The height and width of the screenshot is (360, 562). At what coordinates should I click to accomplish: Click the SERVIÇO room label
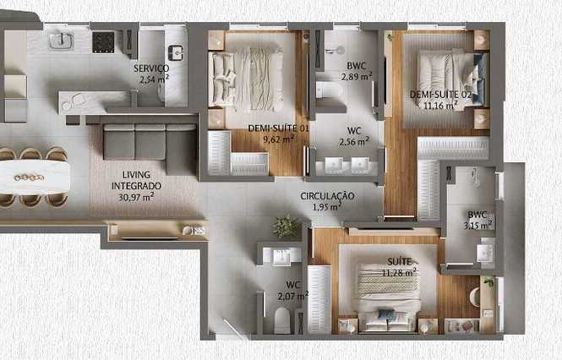click(x=151, y=68)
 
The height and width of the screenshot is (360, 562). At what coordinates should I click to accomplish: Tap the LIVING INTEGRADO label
click(x=136, y=180)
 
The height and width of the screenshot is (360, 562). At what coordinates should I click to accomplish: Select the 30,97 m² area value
click(x=136, y=197)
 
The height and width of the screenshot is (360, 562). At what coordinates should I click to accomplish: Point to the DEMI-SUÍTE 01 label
click(x=279, y=128)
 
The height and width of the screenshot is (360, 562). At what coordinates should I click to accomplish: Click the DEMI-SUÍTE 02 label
click(x=440, y=95)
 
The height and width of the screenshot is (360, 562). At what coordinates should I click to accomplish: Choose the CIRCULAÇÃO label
click(x=327, y=196)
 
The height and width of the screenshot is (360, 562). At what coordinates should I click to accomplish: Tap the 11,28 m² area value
click(x=399, y=272)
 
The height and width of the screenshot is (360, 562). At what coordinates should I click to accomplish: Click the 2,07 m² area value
click(x=292, y=296)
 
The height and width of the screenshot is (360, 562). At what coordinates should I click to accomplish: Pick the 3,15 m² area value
click(x=479, y=225)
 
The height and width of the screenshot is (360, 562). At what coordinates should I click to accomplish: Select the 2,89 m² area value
click(x=357, y=76)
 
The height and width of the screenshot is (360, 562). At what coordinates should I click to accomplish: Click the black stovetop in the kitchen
click(x=103, y=42)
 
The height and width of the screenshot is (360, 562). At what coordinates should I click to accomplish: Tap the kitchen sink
click(x=62, y=41)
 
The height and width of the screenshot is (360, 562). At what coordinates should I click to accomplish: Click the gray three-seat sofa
click(x=150, y=148)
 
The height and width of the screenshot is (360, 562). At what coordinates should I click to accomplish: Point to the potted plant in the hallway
click(x=286, y=226)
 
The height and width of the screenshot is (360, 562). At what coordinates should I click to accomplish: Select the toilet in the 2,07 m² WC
click(x=281, y=320)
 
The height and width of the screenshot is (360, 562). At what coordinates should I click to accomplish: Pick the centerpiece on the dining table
click(x=29, y=177)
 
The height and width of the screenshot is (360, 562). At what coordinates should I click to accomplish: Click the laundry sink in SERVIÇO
click(x=175, y=52)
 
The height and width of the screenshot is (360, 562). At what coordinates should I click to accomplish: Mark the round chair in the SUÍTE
click(x=475, y=297)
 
